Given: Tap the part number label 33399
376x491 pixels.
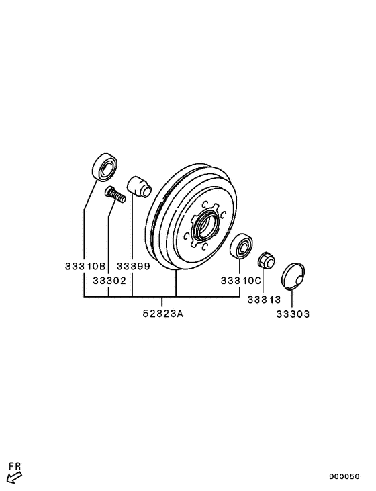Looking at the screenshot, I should click(133, 266).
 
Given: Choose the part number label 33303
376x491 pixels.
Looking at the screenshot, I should click(292, 314).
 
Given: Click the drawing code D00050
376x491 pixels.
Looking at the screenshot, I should click(343, 476).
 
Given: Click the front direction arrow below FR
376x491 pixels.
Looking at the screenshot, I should click(14, 478).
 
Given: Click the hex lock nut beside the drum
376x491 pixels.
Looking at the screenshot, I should click(265, 259).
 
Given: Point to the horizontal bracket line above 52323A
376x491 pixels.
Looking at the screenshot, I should click(162, 296).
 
